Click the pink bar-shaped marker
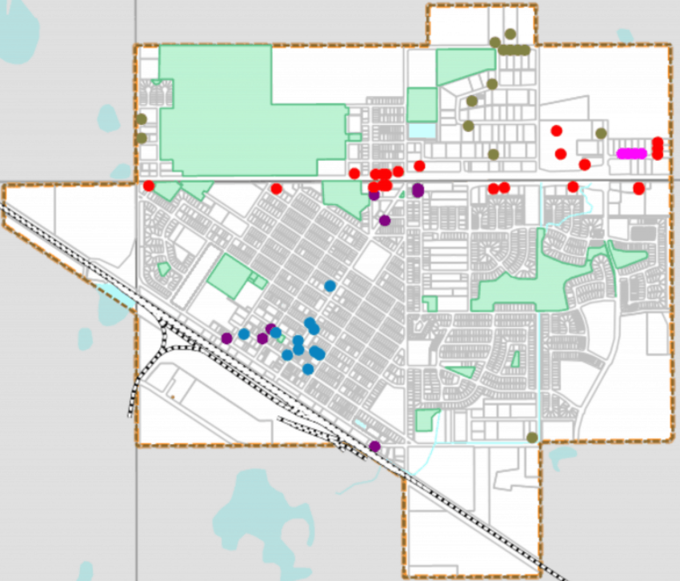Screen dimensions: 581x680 pyautogui.click(x=631, y=153)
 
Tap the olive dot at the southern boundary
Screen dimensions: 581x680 pyautogui.click(x=532, y=437)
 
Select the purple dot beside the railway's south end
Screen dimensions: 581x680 pyautogui.click(x=374, y=446)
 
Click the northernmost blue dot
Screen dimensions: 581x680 pyautogui.click(x=330, y=286)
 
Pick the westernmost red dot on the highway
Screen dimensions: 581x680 pyautogui.click(x=149, y=186)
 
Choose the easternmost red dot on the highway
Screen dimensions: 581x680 pyautogui.click(x=638, y=188)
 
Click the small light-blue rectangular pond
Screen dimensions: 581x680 pyautogui.click(x=422, y=130)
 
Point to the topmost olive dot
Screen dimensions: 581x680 pyautogui.click(x=510, y=34)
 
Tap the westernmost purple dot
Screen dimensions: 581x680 pyautogui.click(x=227, y=338)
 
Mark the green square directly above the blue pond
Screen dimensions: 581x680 pyautogui.click(x=422, y=104)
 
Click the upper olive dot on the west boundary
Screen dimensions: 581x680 pyautogui.click(x=142, y=119)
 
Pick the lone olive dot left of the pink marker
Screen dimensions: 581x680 pyautogui.click(x=601, y=133)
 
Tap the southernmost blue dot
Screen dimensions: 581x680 pyautogui.click(x=308, y=369)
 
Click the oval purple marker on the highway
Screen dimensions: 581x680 pyautogui.click(x=418, y=190)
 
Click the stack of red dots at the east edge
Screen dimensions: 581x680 pyautogui.click(x=658, y=148)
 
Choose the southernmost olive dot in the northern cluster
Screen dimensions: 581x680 pyautogui.click(x=494, y=154)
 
